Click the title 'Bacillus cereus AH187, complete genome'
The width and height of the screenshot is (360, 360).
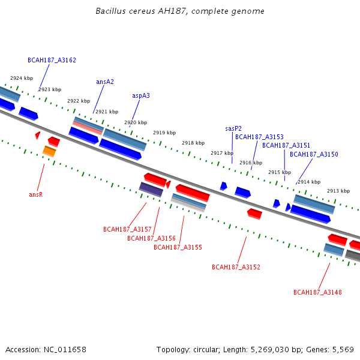click(x=180, y=11)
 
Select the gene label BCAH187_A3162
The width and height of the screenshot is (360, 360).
click(x=52, y=60)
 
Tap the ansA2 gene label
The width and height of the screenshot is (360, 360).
click(x=105, y=82)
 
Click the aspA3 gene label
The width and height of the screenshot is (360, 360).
click(x=141, y=95)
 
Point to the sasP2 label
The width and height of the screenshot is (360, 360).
click(x=233, y=128)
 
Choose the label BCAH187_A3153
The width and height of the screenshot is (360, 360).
click(x=259, y=137)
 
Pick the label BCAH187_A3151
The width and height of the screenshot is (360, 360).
click(x=286, y=145)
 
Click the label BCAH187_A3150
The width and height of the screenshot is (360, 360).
click(x=314, y=154)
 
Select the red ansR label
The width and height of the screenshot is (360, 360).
click(x=36, y=194)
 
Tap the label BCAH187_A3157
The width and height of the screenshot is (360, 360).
click(x=127, y=229)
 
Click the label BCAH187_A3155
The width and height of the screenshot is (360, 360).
click(x=178, y=247)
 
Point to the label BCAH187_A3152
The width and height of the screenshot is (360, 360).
click(x=236, y=267)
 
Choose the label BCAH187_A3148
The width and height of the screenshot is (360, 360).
click(x=317, y=292)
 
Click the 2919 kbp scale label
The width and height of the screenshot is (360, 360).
click(x=164, y=133)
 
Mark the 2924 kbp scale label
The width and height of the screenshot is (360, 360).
click(x=22, y=78)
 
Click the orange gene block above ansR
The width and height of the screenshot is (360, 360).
click(x=49, y=151)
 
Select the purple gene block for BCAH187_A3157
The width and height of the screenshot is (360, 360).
click(x=151, y=190)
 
